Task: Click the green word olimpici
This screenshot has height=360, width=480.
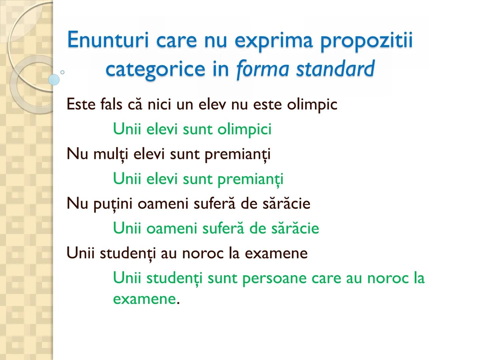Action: (x=244, y=129)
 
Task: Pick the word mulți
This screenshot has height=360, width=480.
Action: (x=111, y=154)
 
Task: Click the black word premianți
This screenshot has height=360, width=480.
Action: (x=237, y=154)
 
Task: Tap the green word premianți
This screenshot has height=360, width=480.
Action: (x=250, y=179)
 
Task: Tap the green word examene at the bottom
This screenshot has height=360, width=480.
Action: (x=144, y=299)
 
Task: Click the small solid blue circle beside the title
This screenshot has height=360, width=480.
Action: (x=54, y=80)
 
